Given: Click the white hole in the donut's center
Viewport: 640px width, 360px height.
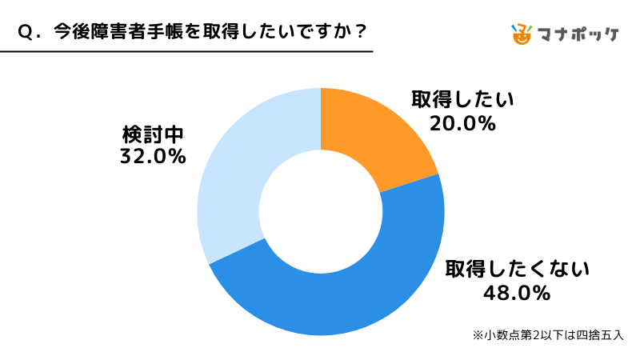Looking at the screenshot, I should tap(320, 212).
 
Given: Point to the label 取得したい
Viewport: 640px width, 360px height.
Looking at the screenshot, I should tap(462, 100).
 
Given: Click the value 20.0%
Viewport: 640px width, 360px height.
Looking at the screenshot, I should tap(462, 124).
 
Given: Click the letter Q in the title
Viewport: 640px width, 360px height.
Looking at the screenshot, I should tap(24, 31).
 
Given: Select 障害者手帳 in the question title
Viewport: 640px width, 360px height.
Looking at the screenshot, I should tap(131, 31).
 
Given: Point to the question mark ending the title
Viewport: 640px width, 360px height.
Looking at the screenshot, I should tap(361, 31).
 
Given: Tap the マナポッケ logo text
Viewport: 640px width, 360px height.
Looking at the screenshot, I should tap(578, 34).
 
